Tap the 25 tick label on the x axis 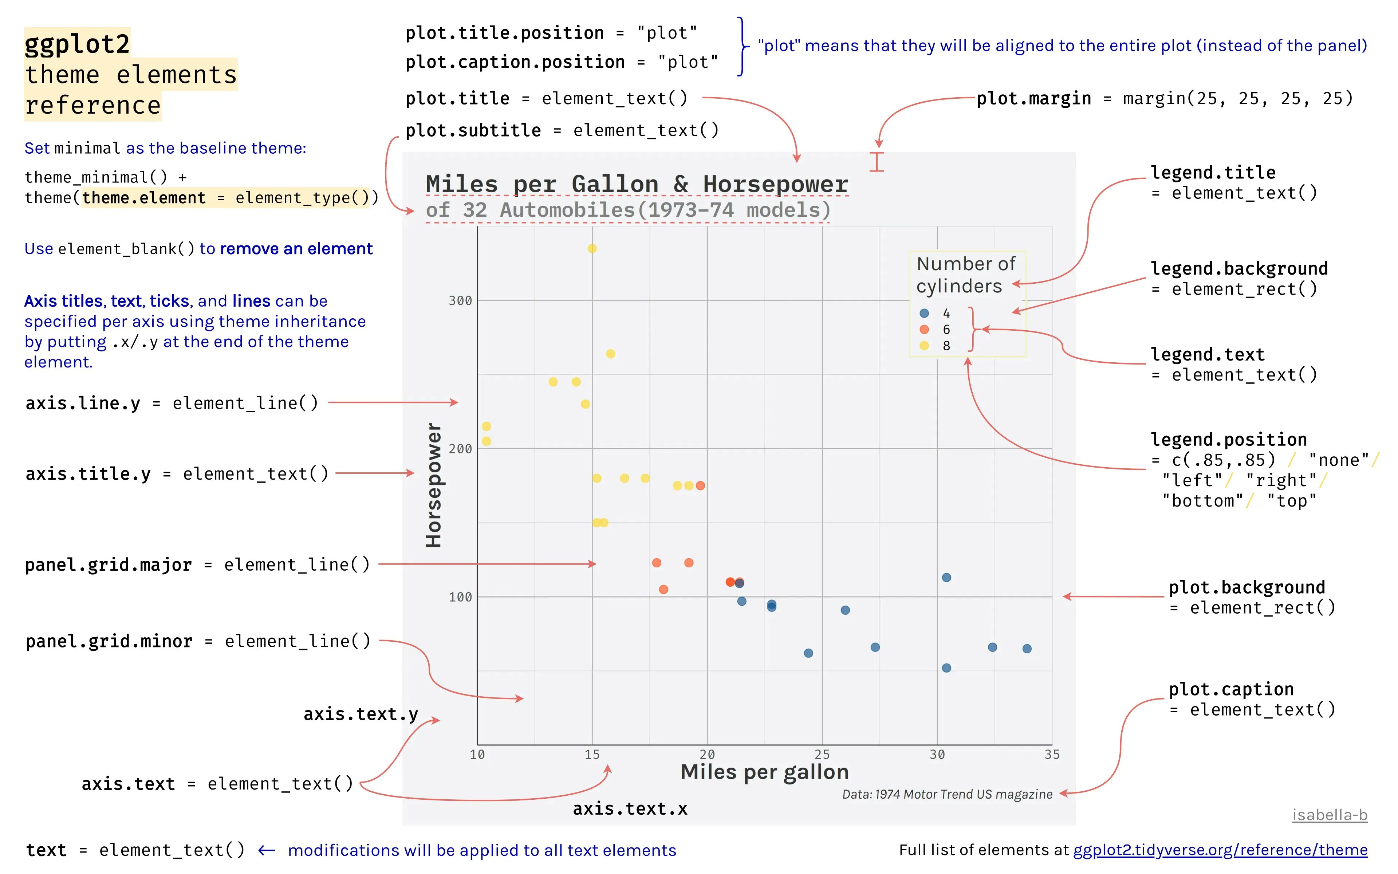pyautogui.click(x=822, y=754)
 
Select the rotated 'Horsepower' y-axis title pyautogui.click(x=433, y=485)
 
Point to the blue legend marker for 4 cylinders pyautogui.click(x=924, y=313)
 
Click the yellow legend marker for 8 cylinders pyautogui.click(x=924, y=346)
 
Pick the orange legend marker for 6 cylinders pyautogui.click(x=924, y=330)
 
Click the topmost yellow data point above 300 pyautogui.click(x=592, y=249)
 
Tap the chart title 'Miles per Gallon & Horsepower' pyautogui.click(x=636, y=184)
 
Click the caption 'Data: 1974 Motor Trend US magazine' pyautogui.click(x=947, y=794)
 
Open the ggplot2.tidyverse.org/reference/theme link pyautogui.click(x=1220, y=850)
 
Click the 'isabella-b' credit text pyautogui.click(x=1329, y=815)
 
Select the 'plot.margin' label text pyautogui.click(x=1033, y=99)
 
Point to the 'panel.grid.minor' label pyautogui.click(x=109, y=641)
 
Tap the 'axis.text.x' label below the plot pyautogui.click(x=630, y=809)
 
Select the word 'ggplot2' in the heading pyautogui.click(x=78, y=44)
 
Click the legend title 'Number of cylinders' pyautogui.click(x=965, y=275)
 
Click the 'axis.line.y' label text pyautogui.click(x=83, y=403)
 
